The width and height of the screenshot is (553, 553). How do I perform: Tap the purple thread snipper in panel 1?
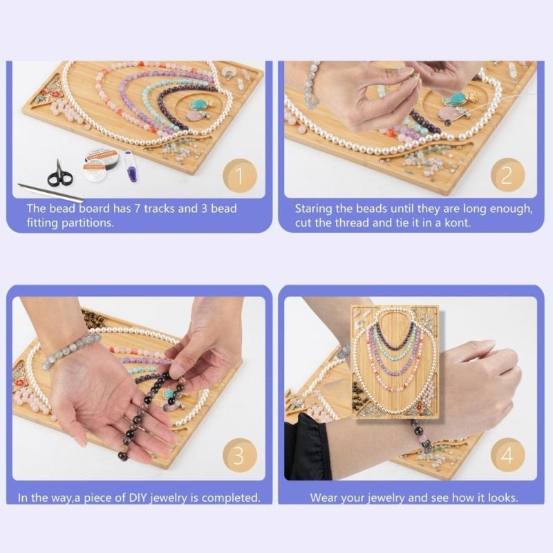coord(131,166)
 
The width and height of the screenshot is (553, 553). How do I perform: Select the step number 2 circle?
coord(507,176)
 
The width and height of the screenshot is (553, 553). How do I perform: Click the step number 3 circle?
coord(238,456)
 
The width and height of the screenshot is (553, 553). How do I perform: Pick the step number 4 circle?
coord(508,456)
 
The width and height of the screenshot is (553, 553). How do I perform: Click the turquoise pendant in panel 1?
coord(199,105)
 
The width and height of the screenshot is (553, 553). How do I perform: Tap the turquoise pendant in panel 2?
coord(456,99)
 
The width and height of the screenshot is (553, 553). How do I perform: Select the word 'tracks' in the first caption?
coord(156,208)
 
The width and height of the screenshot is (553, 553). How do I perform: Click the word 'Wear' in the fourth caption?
coord(325,498)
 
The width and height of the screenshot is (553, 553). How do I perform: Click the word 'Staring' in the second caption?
coord(313,208)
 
